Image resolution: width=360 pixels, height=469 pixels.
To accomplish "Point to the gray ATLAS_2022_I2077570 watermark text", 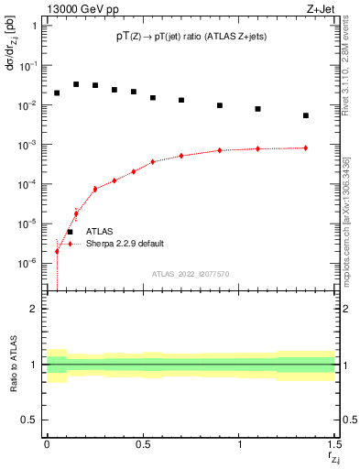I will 191,273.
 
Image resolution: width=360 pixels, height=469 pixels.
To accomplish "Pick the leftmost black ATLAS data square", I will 57,93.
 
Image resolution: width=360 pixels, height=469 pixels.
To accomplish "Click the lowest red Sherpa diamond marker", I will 57,251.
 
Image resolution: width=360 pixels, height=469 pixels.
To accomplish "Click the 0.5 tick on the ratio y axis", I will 29,420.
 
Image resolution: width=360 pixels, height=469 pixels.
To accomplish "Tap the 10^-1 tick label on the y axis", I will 27,66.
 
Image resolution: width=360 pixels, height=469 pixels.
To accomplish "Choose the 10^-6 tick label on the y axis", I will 27,263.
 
